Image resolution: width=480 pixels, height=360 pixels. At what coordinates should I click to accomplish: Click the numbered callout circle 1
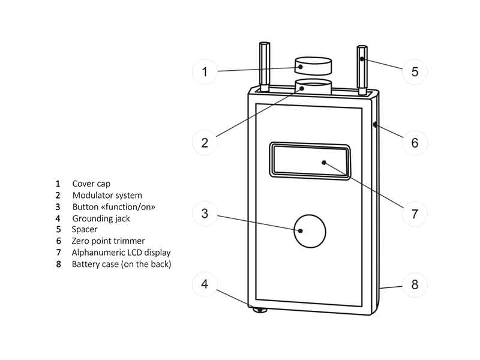click(205, 72)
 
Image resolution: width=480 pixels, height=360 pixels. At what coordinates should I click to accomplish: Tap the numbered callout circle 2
click(205, 142)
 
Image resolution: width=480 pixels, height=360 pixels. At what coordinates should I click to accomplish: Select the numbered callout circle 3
click(205, 213)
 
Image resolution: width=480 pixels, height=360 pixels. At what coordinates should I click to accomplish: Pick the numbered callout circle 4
click(205, 283)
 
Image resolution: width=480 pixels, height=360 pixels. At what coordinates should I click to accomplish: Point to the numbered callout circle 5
click(415, 72)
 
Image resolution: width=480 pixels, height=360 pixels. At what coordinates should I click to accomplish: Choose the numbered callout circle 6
click(415, 142)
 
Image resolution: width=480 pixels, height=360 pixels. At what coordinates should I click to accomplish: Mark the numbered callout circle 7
click(415, 213)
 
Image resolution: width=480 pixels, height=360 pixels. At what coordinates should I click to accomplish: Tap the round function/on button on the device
click(309, 230)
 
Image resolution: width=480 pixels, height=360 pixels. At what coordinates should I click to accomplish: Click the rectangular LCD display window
click(310, 161)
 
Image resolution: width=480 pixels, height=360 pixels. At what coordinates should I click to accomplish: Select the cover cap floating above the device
click(313, 65)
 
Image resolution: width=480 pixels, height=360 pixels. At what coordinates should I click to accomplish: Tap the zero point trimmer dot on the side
click(374, 125)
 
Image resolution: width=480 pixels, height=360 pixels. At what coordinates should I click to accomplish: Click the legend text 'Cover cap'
click(91, 184)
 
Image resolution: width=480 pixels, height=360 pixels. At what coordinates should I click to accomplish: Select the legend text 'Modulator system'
click(107, 195)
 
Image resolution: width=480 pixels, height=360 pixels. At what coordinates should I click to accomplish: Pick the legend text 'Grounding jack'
click(100, 218)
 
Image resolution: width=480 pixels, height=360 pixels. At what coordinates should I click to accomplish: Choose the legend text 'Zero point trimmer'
click(108, 241)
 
